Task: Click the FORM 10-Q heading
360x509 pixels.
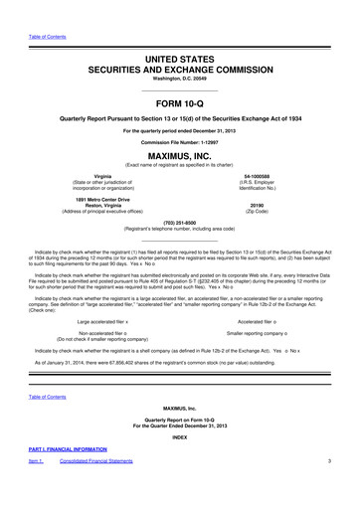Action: pos(179,103)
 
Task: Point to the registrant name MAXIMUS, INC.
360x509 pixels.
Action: pos(179,156)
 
